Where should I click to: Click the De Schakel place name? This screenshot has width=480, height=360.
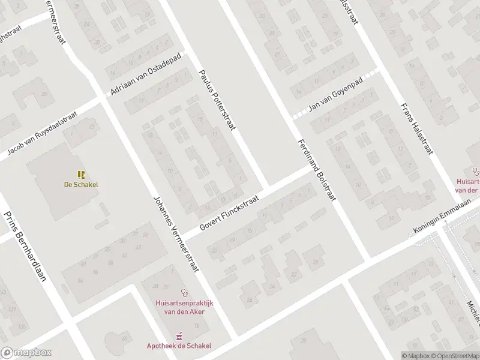(80, 185)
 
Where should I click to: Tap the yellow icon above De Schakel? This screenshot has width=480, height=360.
(80, 175)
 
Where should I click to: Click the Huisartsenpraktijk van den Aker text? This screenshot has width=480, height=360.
(184, 308)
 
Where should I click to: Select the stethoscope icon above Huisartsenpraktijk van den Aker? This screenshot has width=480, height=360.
(185, 294)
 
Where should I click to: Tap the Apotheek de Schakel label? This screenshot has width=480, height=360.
(179, 346)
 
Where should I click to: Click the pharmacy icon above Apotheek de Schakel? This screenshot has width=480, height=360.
(178, 337)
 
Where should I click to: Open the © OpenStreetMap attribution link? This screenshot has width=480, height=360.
(455, 356)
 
